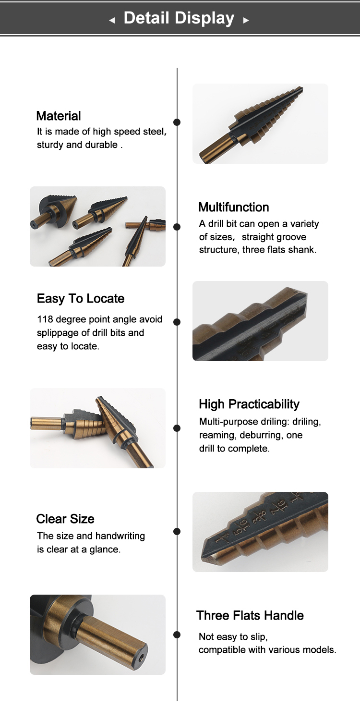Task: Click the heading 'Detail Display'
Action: click(179, 18)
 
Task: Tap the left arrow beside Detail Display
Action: click(112, 21)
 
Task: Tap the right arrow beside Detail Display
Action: click(246, 21)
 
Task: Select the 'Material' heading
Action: click(59, 116)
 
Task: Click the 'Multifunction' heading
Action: click(233, 207)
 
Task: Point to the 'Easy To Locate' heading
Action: click(81, 298)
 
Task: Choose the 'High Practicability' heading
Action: click(249, 404)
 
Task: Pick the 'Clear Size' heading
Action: click(65, 519)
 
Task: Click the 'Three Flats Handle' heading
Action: click(250, 615)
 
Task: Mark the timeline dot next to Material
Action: click(177, 122)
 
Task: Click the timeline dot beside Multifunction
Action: click(177, 226)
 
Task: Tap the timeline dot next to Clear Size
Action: click(177, 531)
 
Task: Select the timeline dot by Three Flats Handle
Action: click(177, 635)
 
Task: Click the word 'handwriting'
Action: click(120, 536)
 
